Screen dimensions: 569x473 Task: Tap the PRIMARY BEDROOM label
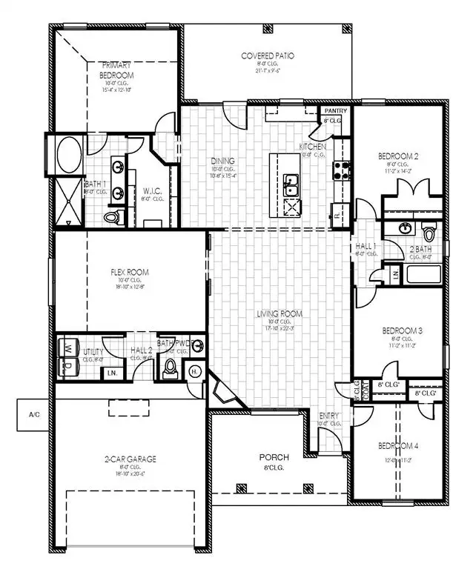(x=117, y=70)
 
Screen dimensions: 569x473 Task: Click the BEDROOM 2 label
(x=399, y=156)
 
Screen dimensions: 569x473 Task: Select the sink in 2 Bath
(x=406, y=228)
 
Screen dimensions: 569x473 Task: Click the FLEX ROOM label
(x=128, y=273)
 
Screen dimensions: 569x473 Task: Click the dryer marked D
(x=69, y=366)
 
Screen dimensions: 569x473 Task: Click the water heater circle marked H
(x=195, y=370)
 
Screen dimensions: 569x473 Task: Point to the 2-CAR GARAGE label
(x=130, y=459)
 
